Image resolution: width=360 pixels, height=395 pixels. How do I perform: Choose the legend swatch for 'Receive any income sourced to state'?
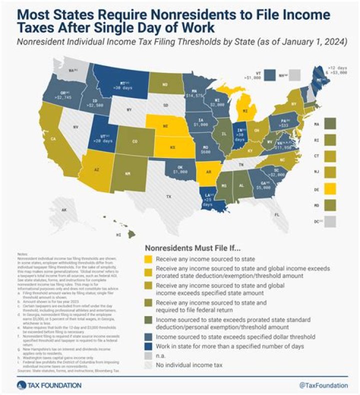click(149, 259)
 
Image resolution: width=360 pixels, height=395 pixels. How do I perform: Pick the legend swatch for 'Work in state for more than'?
click(149, 345)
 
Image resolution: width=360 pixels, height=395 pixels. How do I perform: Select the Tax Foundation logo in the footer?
click(42, 385)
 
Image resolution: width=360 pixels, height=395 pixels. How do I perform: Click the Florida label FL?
click(276, 214)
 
